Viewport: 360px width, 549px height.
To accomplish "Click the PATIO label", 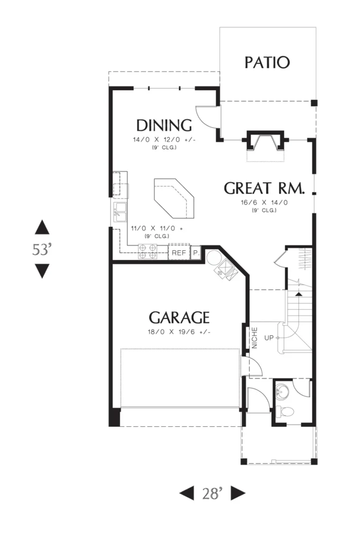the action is pos(267,63).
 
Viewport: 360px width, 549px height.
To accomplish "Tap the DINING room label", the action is pos(164,125).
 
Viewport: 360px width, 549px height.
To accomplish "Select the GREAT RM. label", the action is pos(265,188).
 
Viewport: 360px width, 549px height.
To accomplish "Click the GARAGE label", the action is pos(179,317).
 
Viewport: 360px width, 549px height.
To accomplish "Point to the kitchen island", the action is pos(174,198).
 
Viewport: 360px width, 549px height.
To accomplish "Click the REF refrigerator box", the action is pos(179,253).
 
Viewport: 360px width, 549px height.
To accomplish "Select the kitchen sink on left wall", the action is pos(120,212).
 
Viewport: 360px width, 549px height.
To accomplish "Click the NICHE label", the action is pos(255,338).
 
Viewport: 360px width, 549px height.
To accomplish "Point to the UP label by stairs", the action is pos(269,338).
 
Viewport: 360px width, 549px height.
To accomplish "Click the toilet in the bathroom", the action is pos(284,411).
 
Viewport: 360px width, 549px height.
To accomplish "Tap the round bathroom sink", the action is pos(282,392).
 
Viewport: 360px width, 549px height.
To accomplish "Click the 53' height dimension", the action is pos(42,249).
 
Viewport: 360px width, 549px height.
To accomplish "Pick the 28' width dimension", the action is pos(212,493).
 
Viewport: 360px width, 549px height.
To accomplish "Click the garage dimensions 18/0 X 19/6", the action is pos(179,331).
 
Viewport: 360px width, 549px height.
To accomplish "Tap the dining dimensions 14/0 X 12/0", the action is pos(164,140).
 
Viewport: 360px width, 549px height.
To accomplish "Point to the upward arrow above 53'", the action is pos(42,227).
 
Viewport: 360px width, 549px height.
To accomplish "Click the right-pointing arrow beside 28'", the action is pos(238,493).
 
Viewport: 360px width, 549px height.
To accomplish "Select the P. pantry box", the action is pos(196,253).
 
